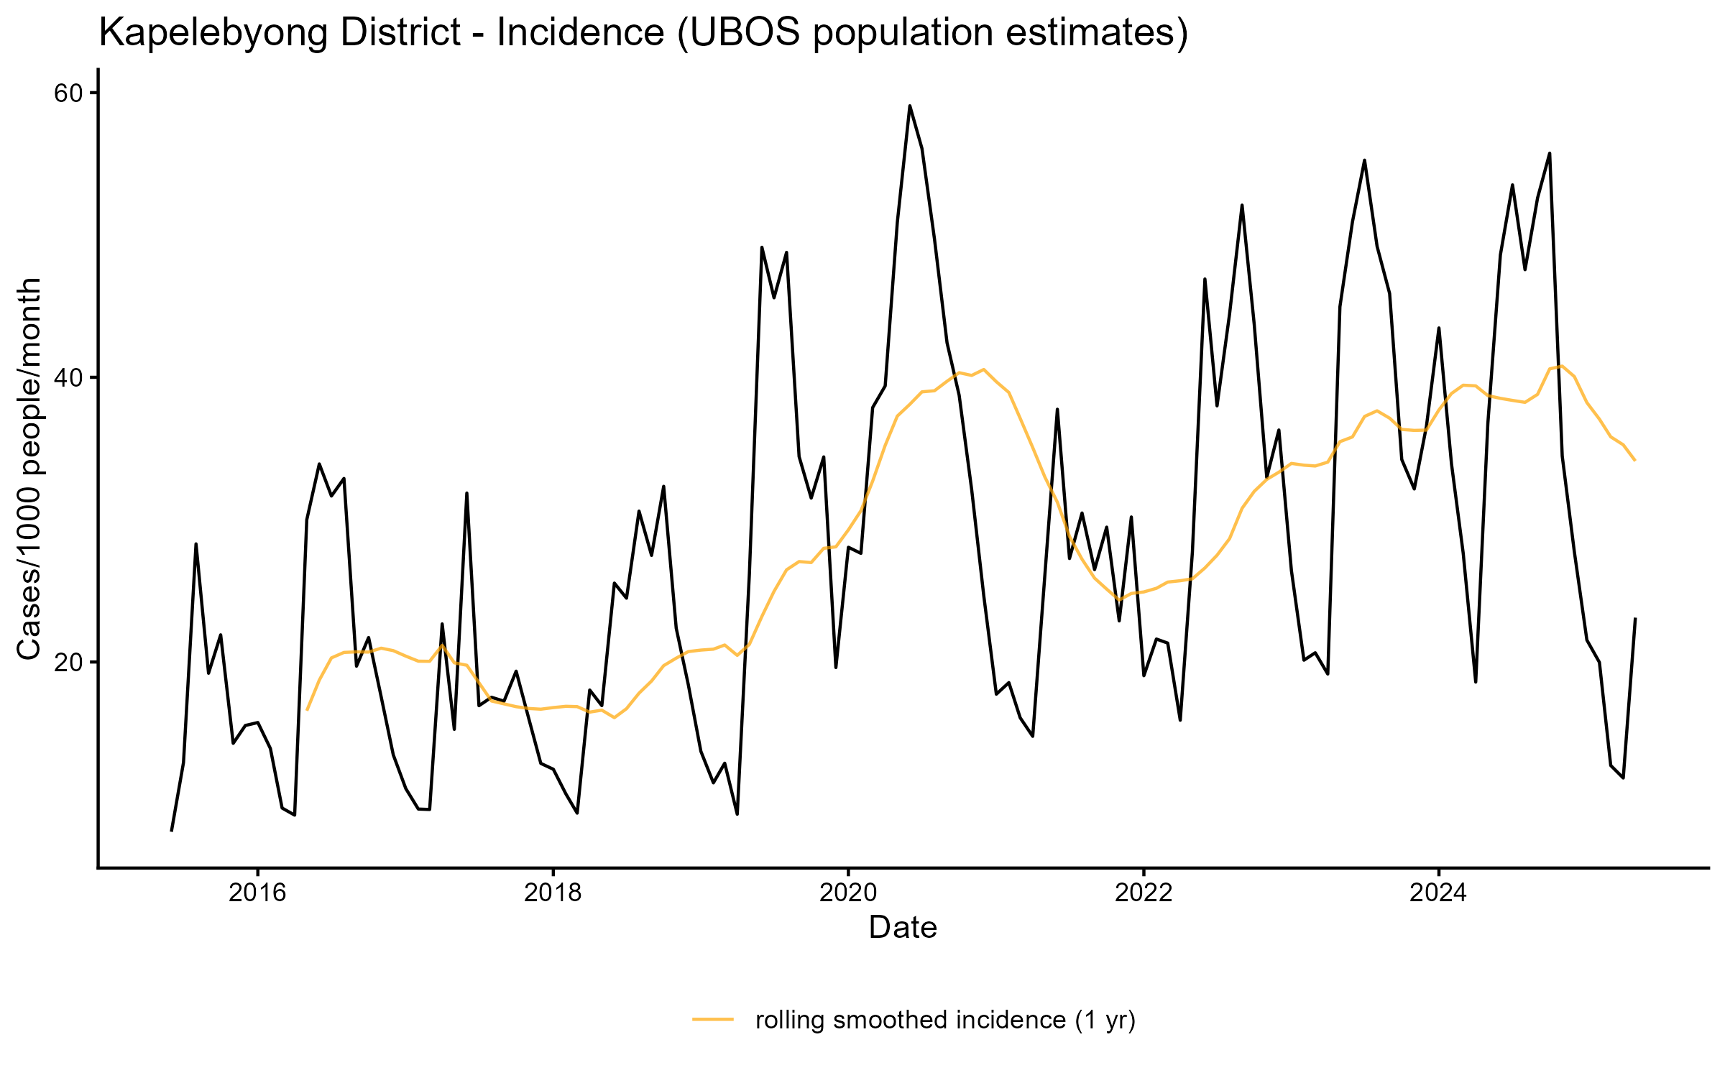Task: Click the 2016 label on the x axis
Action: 257,893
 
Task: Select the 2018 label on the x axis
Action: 553,893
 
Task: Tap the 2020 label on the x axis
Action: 848,893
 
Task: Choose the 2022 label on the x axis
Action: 1144,893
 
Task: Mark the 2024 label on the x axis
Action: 1439,893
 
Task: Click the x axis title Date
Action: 903,928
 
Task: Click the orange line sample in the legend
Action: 713,1019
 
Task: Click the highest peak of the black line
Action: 909,106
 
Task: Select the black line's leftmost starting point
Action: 171,831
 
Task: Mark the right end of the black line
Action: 1635,619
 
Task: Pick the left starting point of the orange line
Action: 307,710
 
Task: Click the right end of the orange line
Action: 1635,460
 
